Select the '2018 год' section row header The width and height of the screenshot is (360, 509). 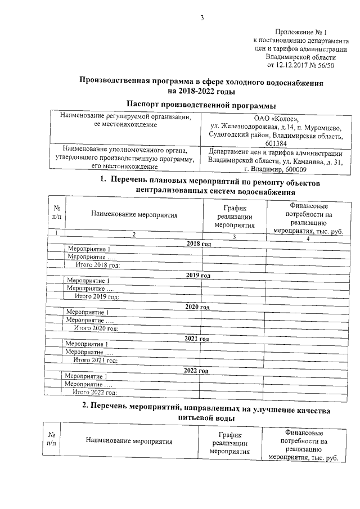pos(199,244)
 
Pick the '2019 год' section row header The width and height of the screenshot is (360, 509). pos(197,276)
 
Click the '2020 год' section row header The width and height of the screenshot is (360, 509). pos(197,307)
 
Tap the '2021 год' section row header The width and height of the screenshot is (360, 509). pos(196,339)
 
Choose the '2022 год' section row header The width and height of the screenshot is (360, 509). pos(196,371)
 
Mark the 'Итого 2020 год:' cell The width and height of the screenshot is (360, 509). pos(96,328)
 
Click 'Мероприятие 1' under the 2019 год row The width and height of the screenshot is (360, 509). pos(88,281)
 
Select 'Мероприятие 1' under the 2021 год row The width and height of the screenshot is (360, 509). pos(87,344)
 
